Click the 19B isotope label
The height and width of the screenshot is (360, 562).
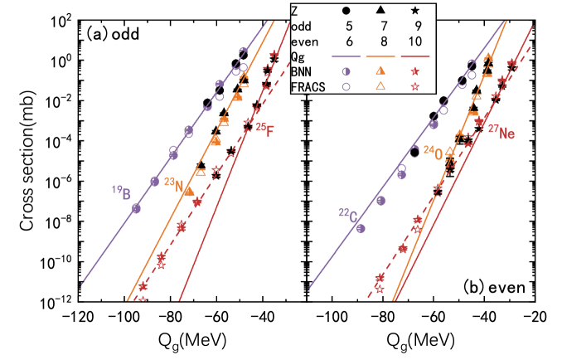[x=121, y=193]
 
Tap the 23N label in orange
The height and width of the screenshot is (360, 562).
[x=172, y=186]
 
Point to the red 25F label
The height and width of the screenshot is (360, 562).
[x=264, y=129]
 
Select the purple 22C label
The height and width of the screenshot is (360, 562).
[x=348, y=216]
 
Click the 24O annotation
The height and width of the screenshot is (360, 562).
[x=434, y=152]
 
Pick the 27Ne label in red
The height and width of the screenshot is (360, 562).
[x=501, y=130]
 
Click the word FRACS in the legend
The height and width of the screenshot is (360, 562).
[x=307, y=85]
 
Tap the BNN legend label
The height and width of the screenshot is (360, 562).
[x=302, y=71]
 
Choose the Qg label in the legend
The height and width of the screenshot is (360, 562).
[x=298, y=56]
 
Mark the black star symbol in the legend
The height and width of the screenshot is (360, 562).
[x=415, y=11]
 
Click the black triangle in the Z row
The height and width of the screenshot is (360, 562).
[x=380, y=11]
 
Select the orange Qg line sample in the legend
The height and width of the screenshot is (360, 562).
[x=380, y=56]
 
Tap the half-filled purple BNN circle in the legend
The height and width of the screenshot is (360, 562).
[x=346, y=71]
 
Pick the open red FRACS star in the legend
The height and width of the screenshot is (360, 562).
[x=415, y=86]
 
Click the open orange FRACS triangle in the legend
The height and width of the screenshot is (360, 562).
[x=380, y=86]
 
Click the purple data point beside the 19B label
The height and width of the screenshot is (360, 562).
[x=136, y=207]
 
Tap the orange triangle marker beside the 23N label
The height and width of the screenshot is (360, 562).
[x=189, y=190]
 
